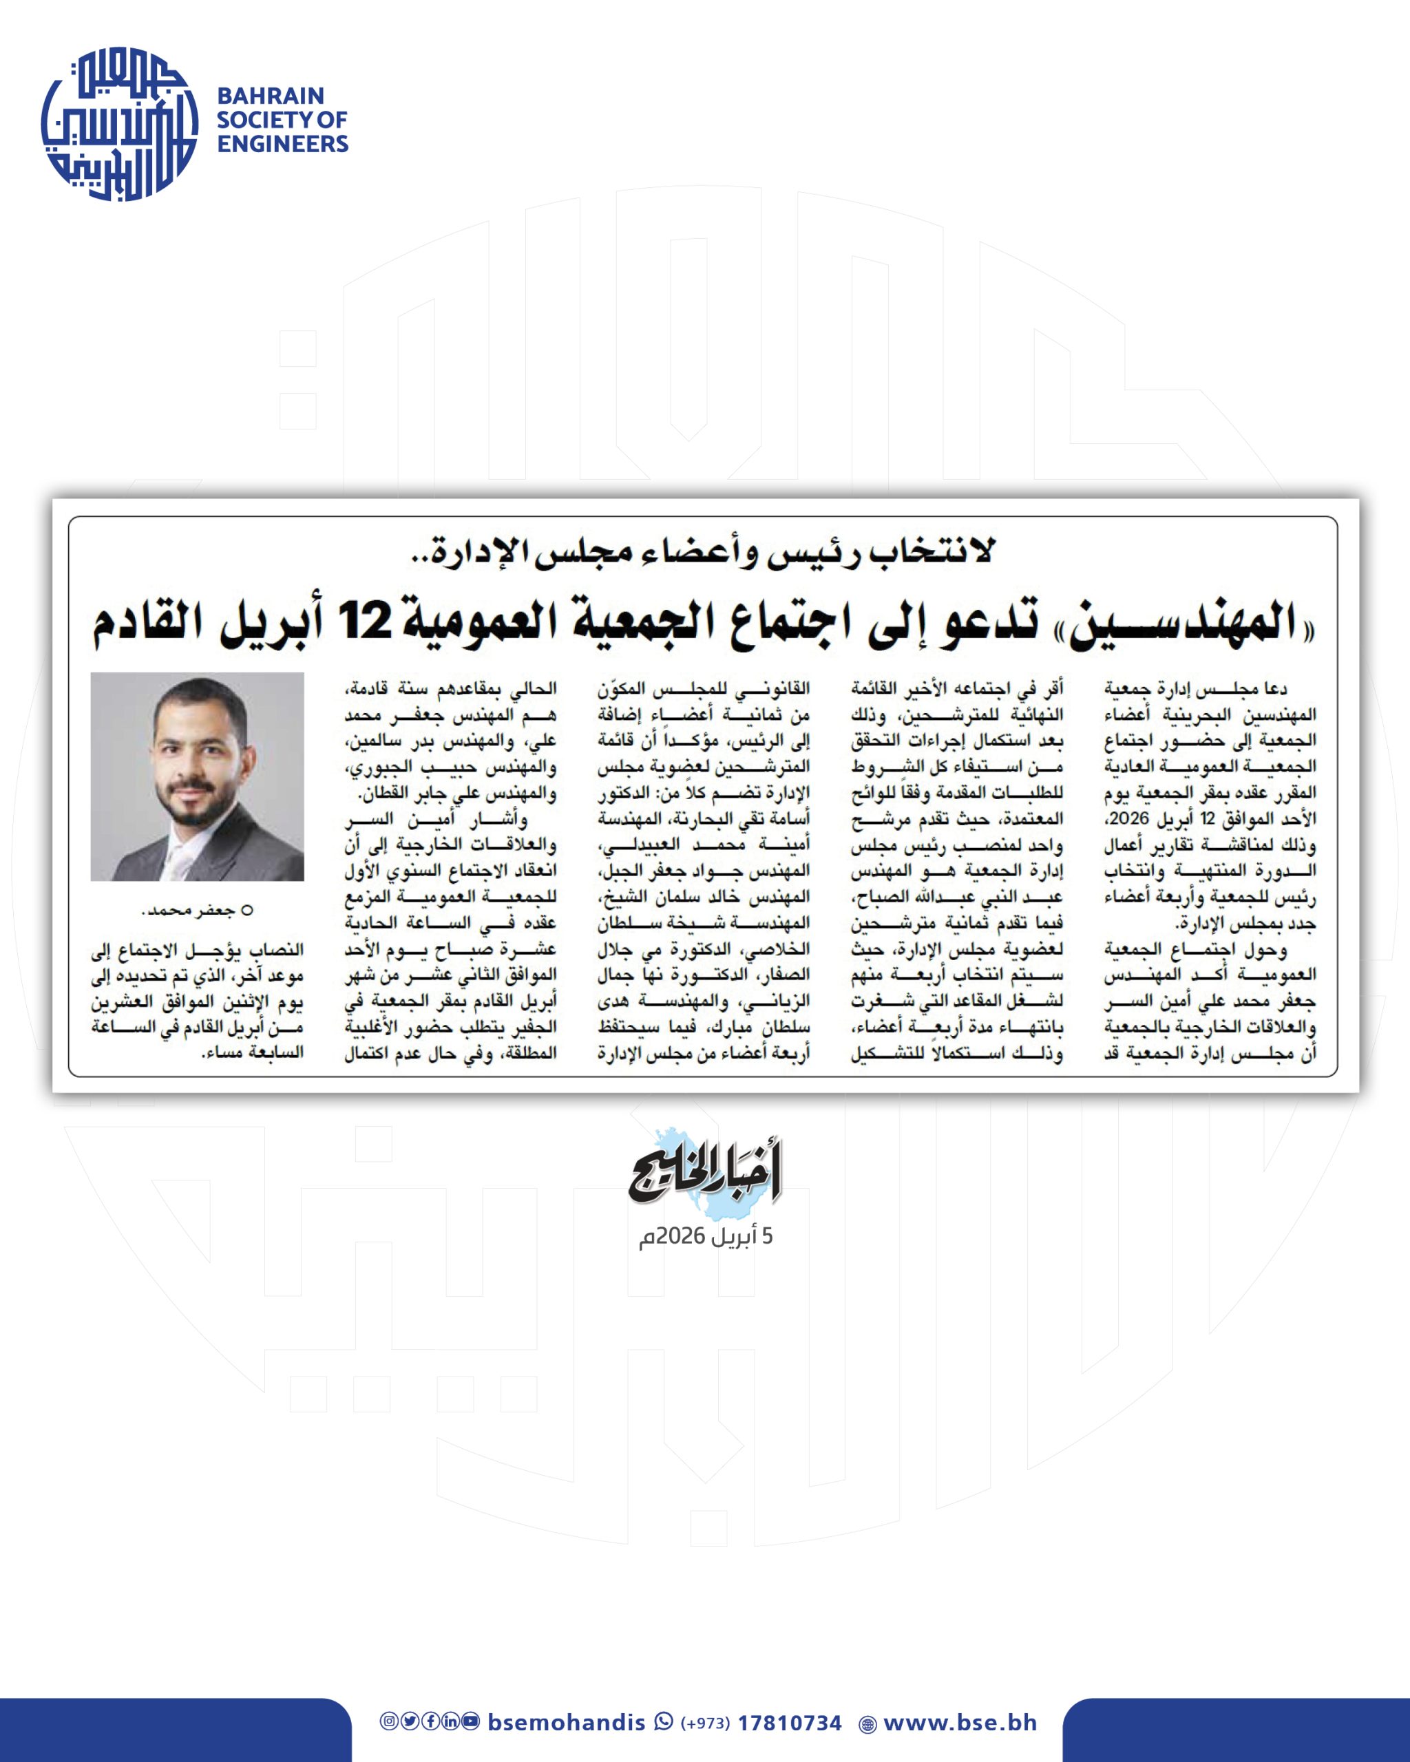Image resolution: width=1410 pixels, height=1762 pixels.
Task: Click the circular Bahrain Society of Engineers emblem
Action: coord(119,123)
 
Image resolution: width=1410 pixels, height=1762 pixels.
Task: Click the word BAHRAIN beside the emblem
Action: coord(270,96)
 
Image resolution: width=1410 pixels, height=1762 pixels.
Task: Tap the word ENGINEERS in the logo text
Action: coord(282,144)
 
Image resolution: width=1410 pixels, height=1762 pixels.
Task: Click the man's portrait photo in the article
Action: coord(197,776)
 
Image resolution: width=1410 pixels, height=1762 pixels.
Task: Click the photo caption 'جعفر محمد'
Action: coord(188,910)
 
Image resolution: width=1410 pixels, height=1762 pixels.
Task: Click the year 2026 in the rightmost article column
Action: coord(1129,818)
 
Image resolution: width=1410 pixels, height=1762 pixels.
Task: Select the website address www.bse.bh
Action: coord(960,1723)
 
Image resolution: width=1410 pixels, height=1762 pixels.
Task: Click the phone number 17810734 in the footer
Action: coord(789,1723)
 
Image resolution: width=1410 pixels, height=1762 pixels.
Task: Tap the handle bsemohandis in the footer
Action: coord(566,1723)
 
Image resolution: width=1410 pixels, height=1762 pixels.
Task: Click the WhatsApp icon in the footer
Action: coord(663,1722)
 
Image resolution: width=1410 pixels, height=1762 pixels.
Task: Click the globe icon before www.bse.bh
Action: coord(867,1724)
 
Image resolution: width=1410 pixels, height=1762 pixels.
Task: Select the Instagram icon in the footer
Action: coord(389,1721)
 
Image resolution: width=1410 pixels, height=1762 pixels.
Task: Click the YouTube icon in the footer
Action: coord(470,1721)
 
